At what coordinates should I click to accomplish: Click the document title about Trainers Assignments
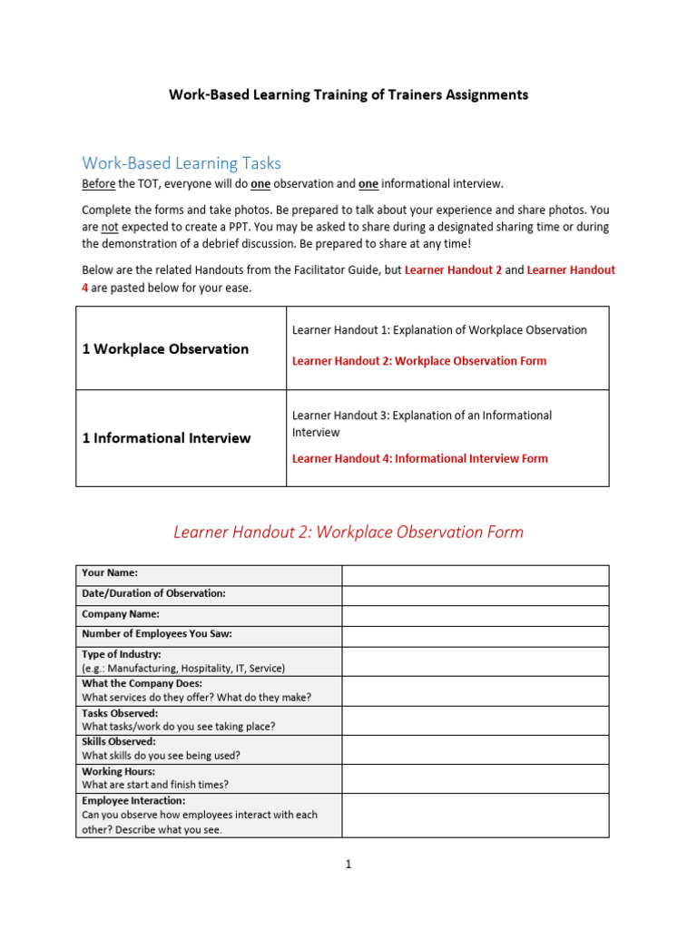click(x=348, y=94)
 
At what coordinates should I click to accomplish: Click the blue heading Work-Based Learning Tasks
click(x=182, y=163)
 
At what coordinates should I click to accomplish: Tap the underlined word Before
click(x=98, y=184)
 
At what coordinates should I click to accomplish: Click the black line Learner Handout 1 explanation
click(x=439, y=330)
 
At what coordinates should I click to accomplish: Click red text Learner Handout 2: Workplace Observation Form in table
click(x=419, y=361)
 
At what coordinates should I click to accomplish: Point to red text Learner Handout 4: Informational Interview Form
click(x=419, y=458)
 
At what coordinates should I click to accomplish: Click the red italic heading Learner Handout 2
click(x=348, y=533)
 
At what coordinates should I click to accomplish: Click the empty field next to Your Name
click(x=475, y=575)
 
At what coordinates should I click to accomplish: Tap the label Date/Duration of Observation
click(x=153, y=593)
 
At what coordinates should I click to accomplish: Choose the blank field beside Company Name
click(x=475, y=615)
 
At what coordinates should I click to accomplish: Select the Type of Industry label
click(x=122, y=654)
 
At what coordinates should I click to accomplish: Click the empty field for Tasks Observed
click(x=475, y=720)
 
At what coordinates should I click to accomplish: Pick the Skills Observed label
click(x=119, y=741)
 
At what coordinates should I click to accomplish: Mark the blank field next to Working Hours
click(x=475, y=778)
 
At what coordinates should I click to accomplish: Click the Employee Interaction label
click(x=133, y=801)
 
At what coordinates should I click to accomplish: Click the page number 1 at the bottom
click(x=348, y=865)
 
